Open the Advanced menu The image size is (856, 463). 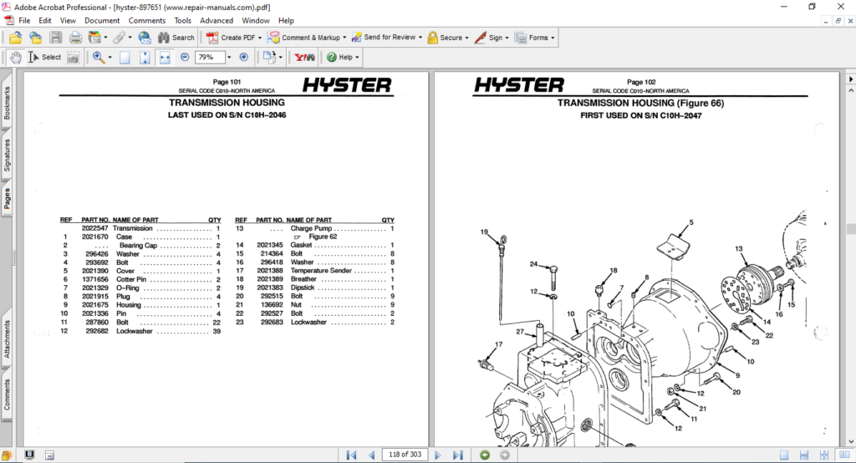(x=217, y=20)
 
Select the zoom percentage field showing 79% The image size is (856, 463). (x=209, y=58)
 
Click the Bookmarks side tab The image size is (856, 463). (x=8, y=104)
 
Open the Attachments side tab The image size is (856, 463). (x=8, y=338)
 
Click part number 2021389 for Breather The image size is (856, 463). (x=270, y=279)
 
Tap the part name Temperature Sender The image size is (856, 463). (x=321, y=271)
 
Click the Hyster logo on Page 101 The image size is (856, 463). (x=346, y=85)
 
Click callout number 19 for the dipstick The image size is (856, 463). (x=484, y=231)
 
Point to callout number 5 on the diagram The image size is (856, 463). (x=691, y=223)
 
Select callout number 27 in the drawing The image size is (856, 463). (x=519, y=333)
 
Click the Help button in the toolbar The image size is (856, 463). (x=344, y=58)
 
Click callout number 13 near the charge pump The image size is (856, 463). (x=739, y=249)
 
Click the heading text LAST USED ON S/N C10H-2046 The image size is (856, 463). (x=227, y=116)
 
